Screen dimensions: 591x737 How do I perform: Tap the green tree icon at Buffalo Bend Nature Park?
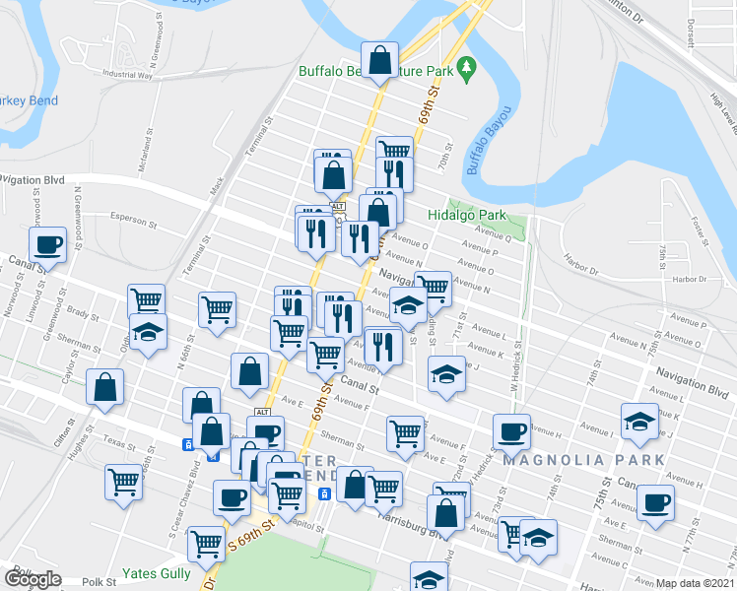click(x=470, y=70)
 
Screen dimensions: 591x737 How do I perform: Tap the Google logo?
click(x=33, y=580)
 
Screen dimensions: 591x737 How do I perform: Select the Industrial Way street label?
click(x=128, y=75)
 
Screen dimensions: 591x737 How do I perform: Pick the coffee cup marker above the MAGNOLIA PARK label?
click(x=511, y=430)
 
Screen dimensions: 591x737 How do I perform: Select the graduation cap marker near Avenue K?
click(x=640, y=422)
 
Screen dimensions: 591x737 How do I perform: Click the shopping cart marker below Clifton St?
click(x=123, y=483)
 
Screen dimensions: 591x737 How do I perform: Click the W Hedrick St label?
click(x=513, y=375)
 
